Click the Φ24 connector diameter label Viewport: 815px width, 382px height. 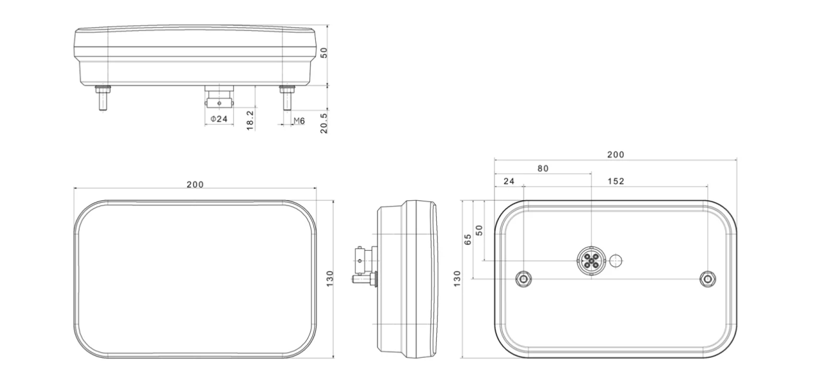pyautogui.click(x=219, y=119)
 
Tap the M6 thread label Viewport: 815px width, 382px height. pyautogui.click(x=299, y=121)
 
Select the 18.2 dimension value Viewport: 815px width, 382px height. pyautogui.click(x=250, y=121)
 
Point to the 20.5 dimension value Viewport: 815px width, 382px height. pyautogui.click(x=324, y=123)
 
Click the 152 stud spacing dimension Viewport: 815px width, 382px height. pyautogui.click(x=616, y=181)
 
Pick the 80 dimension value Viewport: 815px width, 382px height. pyautogui.click(x=543, y=168)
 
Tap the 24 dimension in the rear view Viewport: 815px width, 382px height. pyautogui.click(x=509, y=181)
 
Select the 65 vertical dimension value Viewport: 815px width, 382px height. pyautogui.click(x=468, y=239)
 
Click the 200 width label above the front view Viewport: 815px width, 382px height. pyautogui.click(x=195, y=185)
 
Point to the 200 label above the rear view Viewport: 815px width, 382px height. pyautogui.click(x=616, y=155)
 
